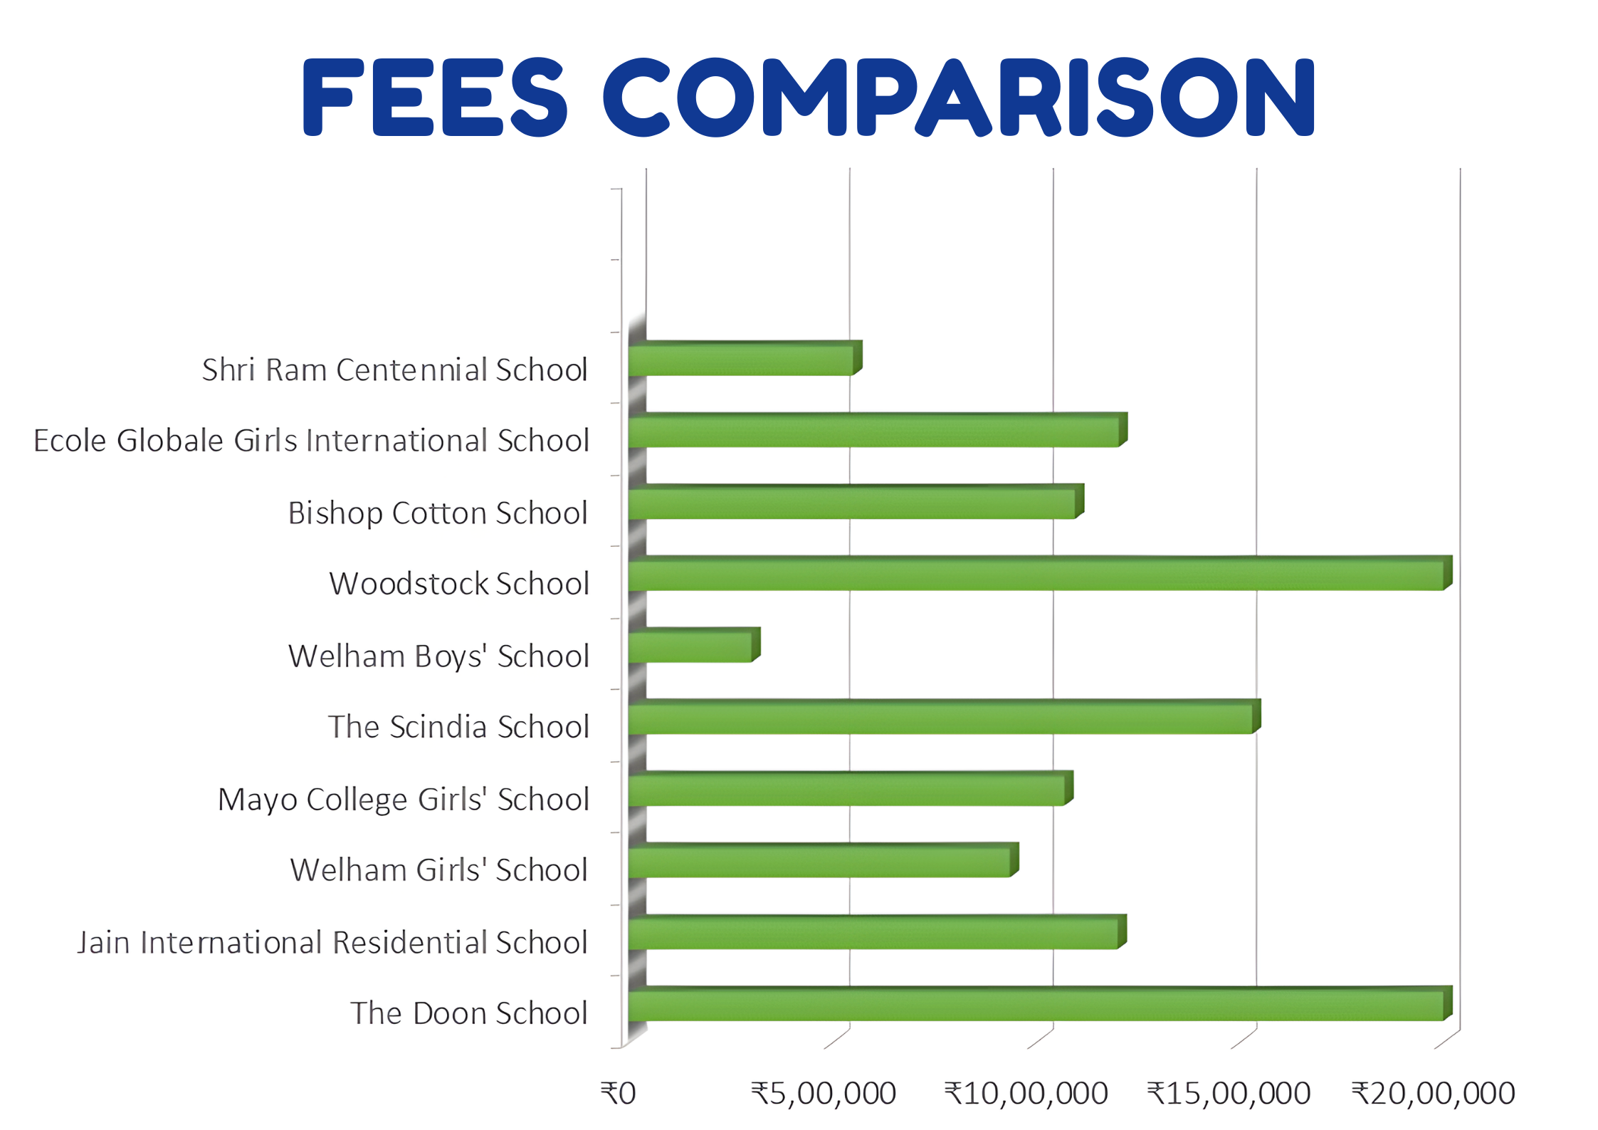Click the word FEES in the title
tap(434, 98)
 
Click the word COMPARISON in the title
tap(959, 98)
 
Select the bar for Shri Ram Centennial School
tap(740, 360)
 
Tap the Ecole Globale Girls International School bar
tap(873, 432)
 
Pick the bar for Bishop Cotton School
tap(851, 504)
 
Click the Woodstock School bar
tap(1036, 575)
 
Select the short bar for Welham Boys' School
tap(690, 647)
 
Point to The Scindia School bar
tap(940, 719)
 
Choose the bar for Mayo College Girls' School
tap(846, 790)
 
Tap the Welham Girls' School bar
tap(819, 862)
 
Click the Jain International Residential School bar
tap(873, 934)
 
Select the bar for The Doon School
tap(1036, 1005)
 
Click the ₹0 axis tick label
tap(618, 1094)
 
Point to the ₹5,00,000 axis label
tap(824, 1094)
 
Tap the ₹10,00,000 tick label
tap(1026, 1094)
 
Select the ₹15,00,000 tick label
tap(1229, 1094)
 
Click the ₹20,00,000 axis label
tap(1433, 1094)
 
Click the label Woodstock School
tap(459, 584)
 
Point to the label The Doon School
tap(469, 1013)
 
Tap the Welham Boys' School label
tap(438, 656)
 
